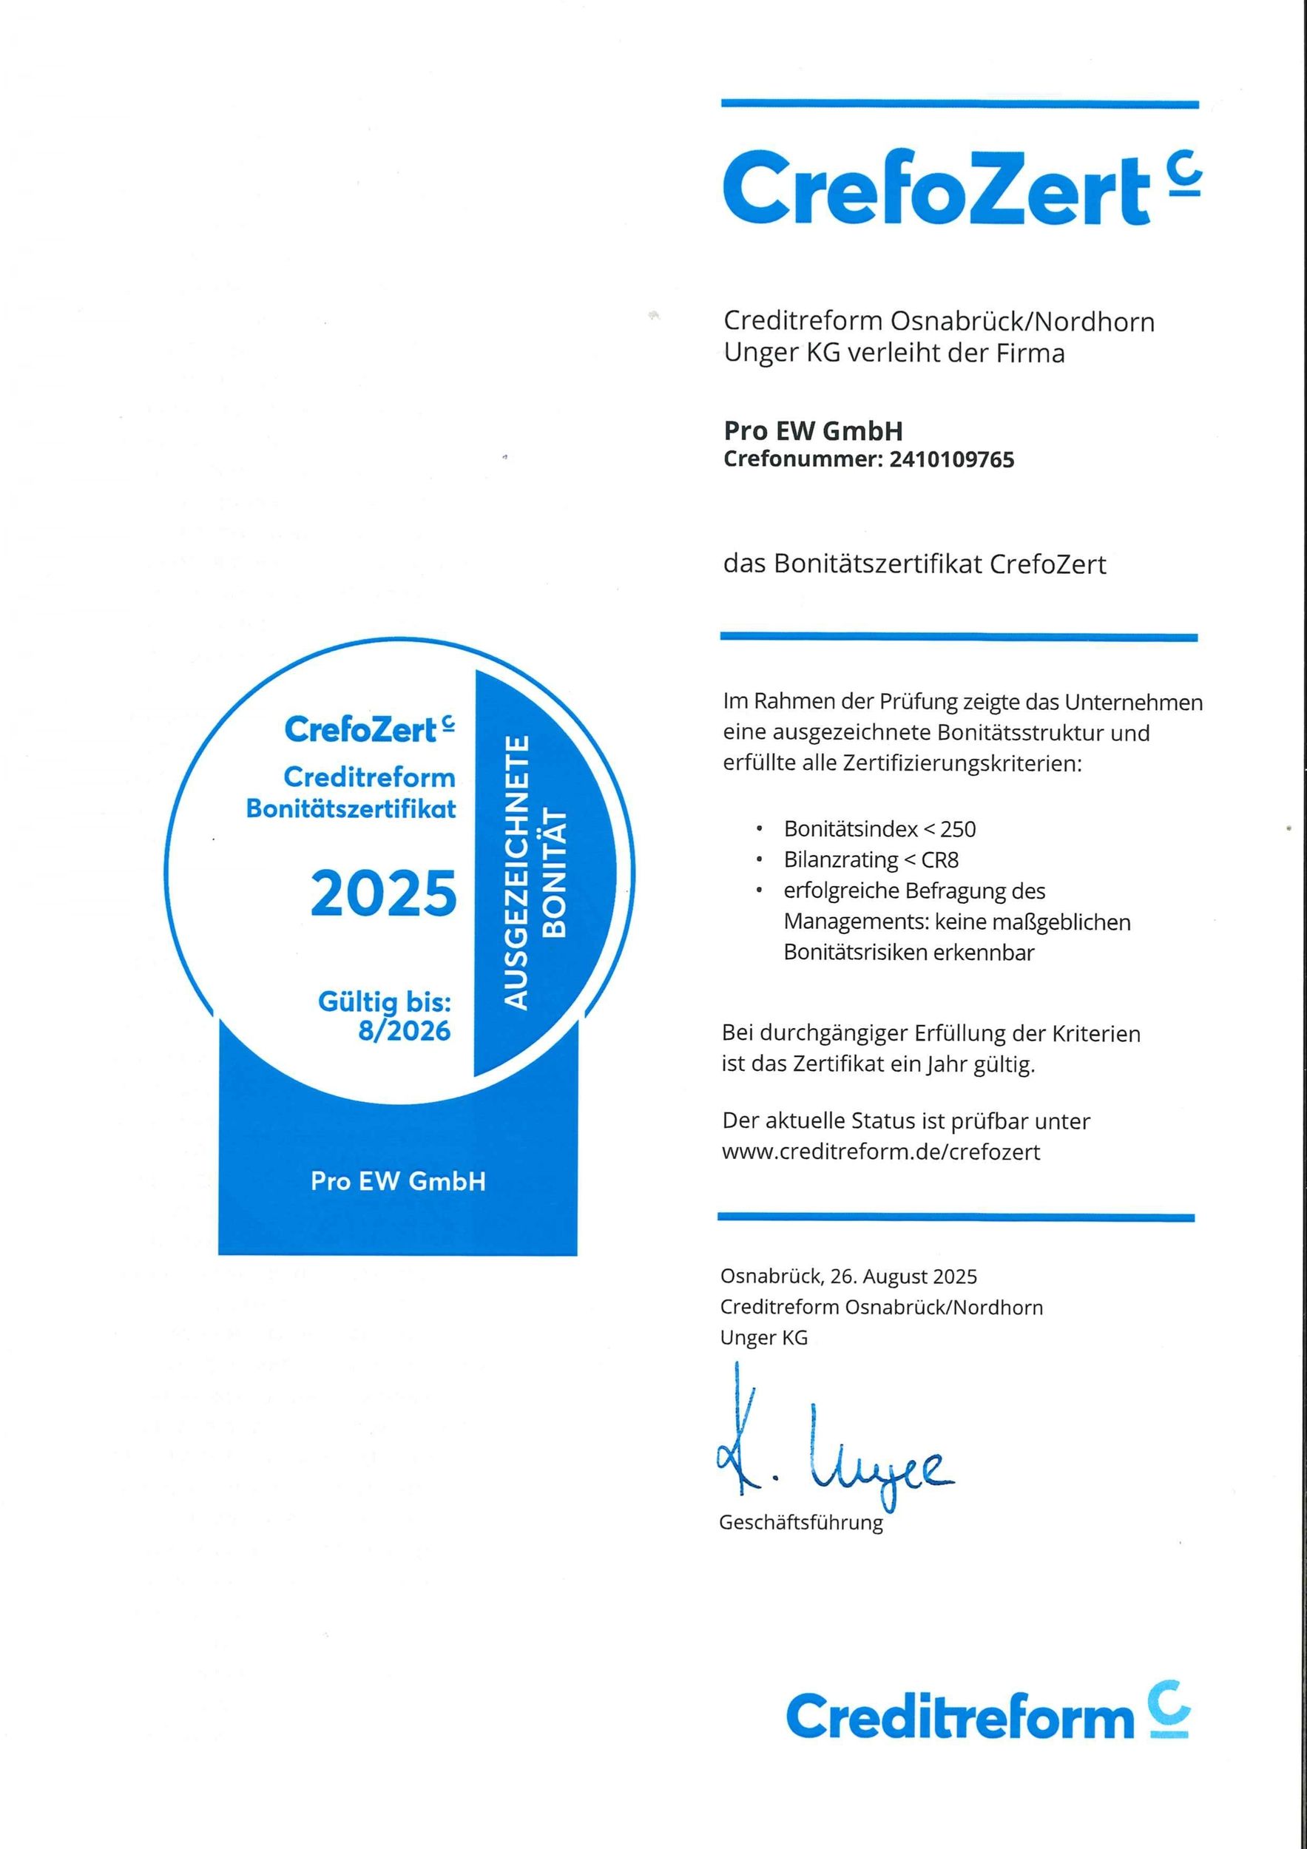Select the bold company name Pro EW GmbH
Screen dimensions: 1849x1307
[813, 431]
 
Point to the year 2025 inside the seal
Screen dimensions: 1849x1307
[383, 894]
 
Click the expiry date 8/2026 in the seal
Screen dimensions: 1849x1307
[405, 1031]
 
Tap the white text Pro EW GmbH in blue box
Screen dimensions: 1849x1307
[398, 1181]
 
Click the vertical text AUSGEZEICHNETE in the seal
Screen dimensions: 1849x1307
[516, 871]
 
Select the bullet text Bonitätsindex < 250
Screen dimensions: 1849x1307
[879, 828]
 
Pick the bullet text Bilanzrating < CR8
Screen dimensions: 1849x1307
[871, 860]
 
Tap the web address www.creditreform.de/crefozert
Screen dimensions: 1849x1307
[881, 1152]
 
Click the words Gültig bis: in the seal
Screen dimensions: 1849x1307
[384, 1003]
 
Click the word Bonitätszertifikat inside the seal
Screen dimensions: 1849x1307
[351, 808]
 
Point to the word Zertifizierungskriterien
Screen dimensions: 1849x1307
[962, 763]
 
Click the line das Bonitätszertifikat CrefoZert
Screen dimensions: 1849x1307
[915, 564]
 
